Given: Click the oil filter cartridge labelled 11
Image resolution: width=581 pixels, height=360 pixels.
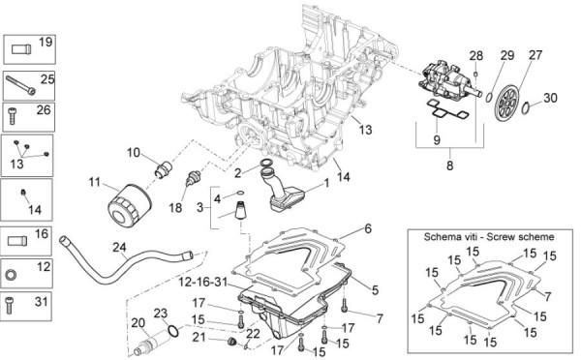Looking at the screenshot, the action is pos(129,205).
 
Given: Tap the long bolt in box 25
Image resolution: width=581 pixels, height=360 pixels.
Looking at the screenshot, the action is pos(20,85).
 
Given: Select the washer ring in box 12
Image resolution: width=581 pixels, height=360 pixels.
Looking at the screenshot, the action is pos(11,275).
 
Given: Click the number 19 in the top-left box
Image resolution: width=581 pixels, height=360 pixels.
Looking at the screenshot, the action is pos(46,42).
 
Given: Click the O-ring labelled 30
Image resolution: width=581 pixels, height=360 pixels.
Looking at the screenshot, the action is pos(526,108).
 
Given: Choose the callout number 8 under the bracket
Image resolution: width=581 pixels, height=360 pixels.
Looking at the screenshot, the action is pos(449,165).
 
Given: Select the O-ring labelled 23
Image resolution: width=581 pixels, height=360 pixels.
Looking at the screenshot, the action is pos(173,330).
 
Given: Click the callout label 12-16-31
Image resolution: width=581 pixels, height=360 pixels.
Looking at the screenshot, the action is pos(202,283).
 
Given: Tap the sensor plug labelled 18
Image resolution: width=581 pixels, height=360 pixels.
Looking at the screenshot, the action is pos(193,177).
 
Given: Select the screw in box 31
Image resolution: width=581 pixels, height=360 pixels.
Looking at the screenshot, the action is pos(10,306).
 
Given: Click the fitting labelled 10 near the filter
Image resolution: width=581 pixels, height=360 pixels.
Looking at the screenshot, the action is pos(163,169).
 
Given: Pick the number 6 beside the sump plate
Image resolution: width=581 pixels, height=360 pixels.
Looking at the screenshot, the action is pos(368,228).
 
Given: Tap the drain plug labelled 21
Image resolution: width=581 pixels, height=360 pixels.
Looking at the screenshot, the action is pos(232,341).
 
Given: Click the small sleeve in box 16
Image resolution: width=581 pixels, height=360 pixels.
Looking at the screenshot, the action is pos(17,241).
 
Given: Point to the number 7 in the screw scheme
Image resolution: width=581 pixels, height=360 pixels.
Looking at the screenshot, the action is pos(548,297).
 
